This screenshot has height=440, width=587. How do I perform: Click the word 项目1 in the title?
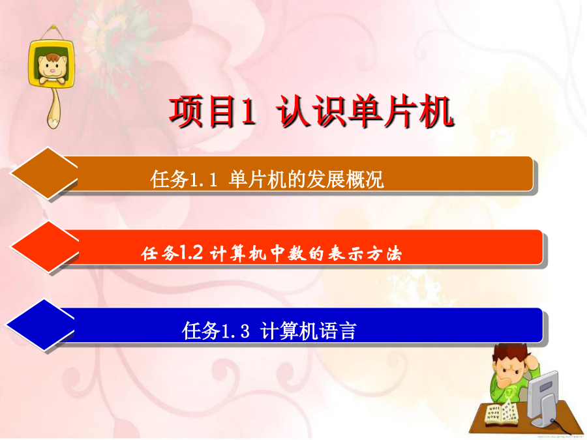click(x=213, y=111)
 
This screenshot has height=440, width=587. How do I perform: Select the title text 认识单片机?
click(x=365, y=111)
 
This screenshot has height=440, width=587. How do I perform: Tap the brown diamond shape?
click(x=44, y=173)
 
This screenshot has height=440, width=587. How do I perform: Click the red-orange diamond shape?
click(x=45, y=246)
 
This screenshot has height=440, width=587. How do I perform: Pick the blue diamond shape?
click(x=40, y=325)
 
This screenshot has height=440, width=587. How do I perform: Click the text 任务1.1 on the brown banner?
click(x=184, y=179)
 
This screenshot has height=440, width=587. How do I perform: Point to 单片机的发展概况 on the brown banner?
click(x=306, y=179)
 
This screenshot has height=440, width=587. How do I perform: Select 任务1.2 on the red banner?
click(x=172, y=254)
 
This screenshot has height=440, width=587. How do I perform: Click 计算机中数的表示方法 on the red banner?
click(x=306, y=254)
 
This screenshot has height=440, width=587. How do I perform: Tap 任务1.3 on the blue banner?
click(x=216, y=330)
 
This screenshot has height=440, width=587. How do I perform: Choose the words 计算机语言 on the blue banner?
click(x=308, y=330)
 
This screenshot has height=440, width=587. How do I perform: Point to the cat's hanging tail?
click(x=54, y=108)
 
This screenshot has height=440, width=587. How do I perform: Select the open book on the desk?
click(x=502, y=413)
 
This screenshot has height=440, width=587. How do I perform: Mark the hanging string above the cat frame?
click(x=53, y=33)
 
